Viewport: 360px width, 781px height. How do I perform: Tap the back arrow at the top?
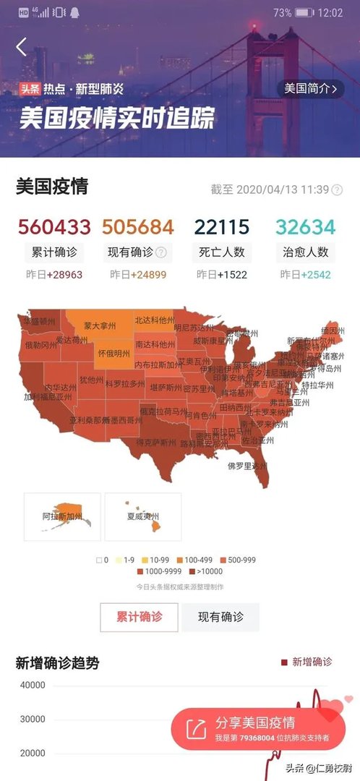[21, 48]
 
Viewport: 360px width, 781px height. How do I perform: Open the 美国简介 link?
[310, 89]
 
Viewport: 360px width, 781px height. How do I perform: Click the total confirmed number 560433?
[53, 227]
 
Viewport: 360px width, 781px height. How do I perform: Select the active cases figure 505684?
[138, 227]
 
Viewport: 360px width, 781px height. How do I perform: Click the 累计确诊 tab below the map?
[140, 617]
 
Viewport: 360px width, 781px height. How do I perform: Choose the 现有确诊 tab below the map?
[220, 617]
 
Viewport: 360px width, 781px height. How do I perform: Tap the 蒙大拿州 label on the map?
[100, 327]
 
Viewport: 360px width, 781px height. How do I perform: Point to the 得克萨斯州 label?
[156, 442]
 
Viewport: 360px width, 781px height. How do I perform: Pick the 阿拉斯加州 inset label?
[62, 518]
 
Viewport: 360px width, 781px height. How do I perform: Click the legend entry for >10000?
[210, 571]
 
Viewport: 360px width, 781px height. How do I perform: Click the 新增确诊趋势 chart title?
[57, 662]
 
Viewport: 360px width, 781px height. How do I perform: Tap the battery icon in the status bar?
[304, 13]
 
